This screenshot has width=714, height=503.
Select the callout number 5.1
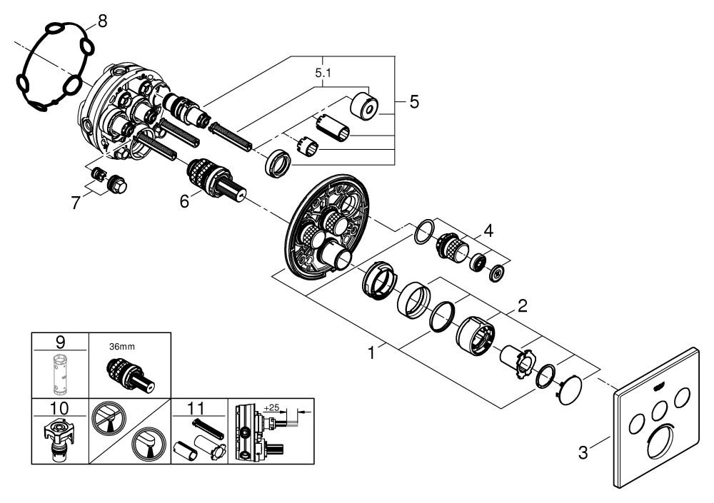(x=323, y=72)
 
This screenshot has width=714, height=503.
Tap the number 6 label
(x=183, y=202)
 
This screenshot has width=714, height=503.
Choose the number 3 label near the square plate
(x=583, y=452)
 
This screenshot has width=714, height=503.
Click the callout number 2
(x=522, y=306)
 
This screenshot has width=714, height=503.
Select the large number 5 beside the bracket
(x=414, y=101)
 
